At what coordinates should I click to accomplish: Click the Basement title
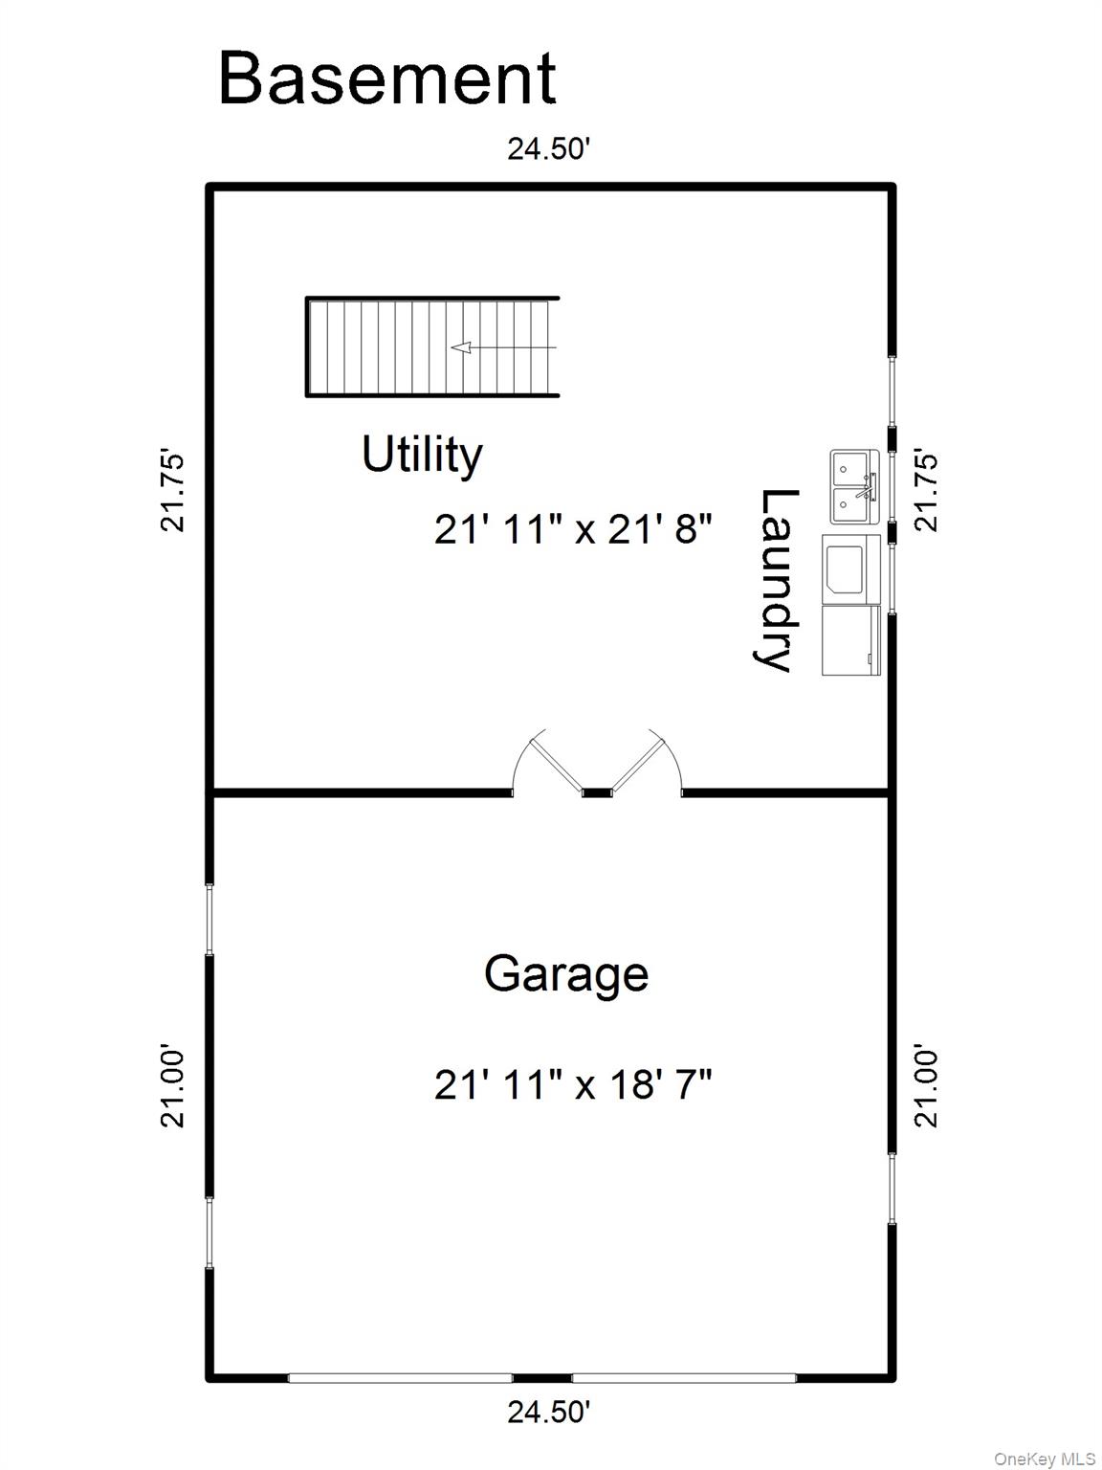(x=386, y=78)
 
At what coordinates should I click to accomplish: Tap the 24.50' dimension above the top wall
(x=549, y=150)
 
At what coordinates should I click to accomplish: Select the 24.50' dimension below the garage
(x=549, y=1412)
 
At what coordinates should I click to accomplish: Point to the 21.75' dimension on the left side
(x=173, y=490)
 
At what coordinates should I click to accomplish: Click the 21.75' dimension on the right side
(x=927, y=490)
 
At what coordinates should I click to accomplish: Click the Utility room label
(x=422, y=455)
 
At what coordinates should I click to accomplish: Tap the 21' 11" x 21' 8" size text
(x=574, y=528)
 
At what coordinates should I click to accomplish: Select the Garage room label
(x=566, y=974)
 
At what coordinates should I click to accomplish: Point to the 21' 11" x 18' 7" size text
(x=574, y=1085)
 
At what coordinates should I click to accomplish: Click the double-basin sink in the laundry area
(x=854, y=486)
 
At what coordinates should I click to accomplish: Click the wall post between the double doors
(x=598, y=792)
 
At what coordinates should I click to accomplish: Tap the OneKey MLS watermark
(x=1044, y=1459)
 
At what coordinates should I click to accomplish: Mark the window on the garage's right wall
(x=893, y=1189)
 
